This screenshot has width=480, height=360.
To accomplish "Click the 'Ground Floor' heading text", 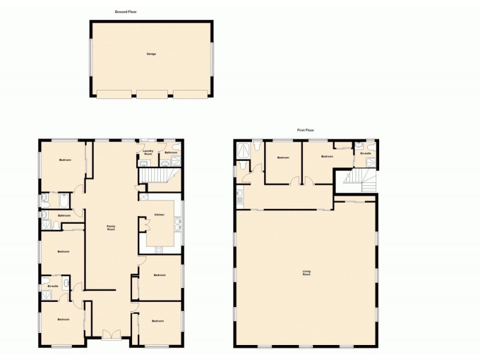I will click(126, 11).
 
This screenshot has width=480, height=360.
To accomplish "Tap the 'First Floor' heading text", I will click(306, 130).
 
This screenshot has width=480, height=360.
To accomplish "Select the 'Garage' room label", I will click(151, 54).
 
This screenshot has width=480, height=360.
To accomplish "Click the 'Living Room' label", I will click(307, 274).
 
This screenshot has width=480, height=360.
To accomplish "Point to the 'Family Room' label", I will click(110, 228).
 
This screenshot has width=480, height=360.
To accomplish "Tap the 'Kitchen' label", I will click(159, 214).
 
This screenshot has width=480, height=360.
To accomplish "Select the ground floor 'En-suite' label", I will click(53, 286).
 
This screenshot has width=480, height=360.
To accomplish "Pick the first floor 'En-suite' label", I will click(365, 154).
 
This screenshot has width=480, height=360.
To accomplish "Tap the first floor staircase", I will click(358, 178).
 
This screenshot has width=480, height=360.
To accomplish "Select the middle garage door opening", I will click(151, 94).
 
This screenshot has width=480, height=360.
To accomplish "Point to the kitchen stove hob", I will click(159, 250).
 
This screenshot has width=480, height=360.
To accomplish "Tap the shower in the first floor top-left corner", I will click(244, 149).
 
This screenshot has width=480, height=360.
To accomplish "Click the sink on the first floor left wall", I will click(239, 194).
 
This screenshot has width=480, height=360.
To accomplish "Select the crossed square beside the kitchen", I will click(143, 197).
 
